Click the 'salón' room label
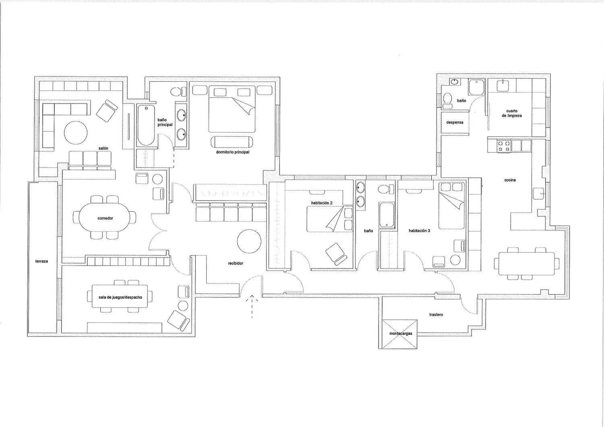(x=103, y=148)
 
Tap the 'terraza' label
(x=41, y=261)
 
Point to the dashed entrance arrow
(x=252, y=307)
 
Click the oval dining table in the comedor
(x=105, y=218)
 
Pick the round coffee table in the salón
(x=76, y=133)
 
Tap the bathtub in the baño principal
(x=146, y=125)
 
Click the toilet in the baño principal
(x=178, y=91)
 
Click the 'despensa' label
(x=455, y=122)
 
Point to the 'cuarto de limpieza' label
(x=512, y=113)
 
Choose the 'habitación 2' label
(x=322, y=203)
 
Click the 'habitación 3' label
(x=419, y=231)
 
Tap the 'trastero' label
(x=436, y=315)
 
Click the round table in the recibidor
(x=249, y=241)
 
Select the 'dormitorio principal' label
(x=232, y=152)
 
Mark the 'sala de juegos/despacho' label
(x=120, y=297)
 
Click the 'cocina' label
(x=510, y=180)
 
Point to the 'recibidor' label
(x=236, y=263)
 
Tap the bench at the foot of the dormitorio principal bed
(x=232, y=142)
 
